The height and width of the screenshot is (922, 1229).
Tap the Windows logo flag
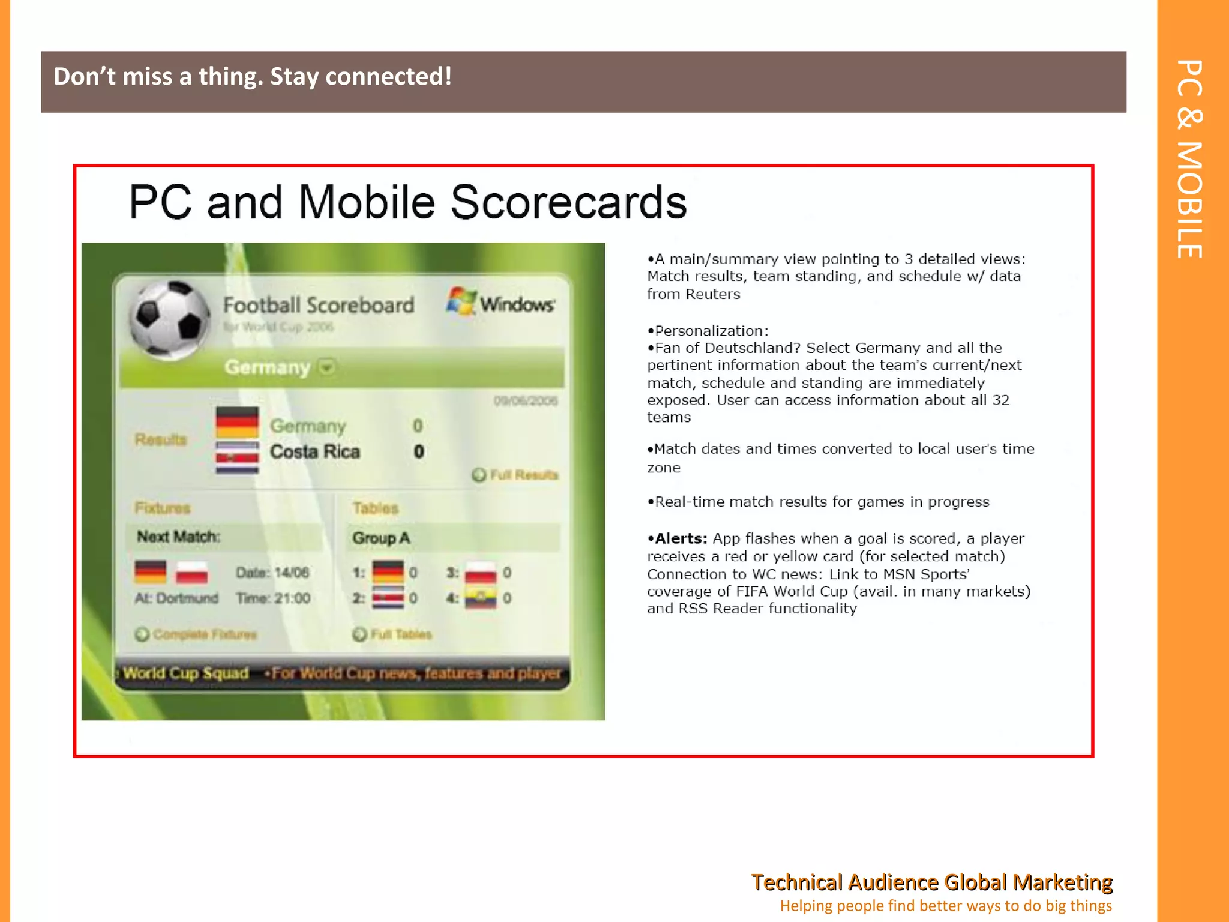(461, 301)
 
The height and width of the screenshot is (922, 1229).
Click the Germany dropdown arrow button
(327, 367)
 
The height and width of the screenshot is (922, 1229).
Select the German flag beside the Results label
(238, 422)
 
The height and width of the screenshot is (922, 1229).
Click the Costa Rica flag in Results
(238, 457)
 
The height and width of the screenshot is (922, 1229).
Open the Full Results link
(515, 475)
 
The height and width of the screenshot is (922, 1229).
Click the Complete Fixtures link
(196, 634)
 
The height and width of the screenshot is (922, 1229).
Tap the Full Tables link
(393, 634)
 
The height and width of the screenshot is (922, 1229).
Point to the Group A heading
(381, 538)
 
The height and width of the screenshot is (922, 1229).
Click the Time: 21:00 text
(273, 598)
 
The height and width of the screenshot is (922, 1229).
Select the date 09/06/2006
(526, 400)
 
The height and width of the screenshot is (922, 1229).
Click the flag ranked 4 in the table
(481, 598)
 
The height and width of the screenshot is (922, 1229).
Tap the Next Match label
(178, 537)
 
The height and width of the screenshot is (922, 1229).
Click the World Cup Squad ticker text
(186, 673)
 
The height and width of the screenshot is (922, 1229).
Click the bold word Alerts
(681, 538)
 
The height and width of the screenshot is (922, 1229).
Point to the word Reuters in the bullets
(713, 294)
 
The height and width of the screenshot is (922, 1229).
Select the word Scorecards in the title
(568, 202)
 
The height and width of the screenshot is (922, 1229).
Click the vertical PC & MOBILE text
(1190, 159)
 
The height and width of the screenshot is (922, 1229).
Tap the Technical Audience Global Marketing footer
(931, 882)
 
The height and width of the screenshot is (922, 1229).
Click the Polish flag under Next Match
(192, 573)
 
